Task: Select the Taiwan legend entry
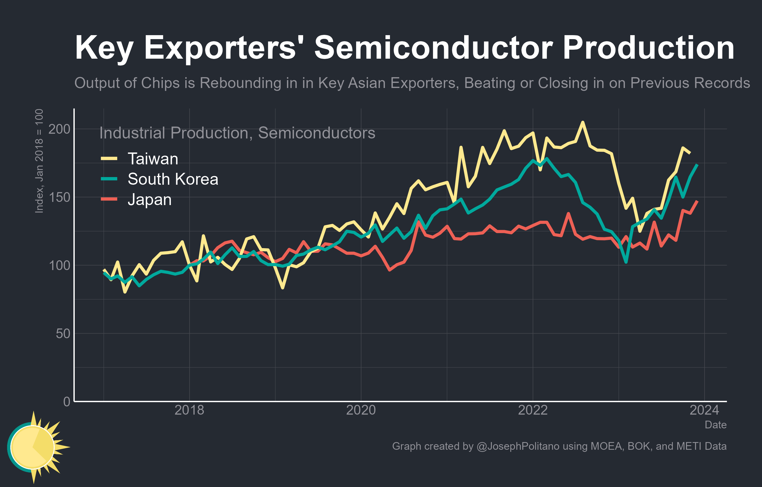click(x=153, y=159)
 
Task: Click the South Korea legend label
click(x=173, y=179)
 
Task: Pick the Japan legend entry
click(x=149, y=200)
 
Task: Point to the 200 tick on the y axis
click(x=59, y=129)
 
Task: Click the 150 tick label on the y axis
click(x=59, y=197)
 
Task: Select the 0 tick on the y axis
click(x=67, y=401)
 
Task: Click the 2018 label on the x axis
click(x=189, y=410)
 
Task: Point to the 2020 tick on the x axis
click(x=361, y=410)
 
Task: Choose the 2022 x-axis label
click(x=533, y=410)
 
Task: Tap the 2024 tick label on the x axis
click(x=704, y=410)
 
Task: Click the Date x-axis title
click(x=715, y=425)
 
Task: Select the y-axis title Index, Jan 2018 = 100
click(x=39, y=161)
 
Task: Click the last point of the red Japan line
click(x=697, y=201)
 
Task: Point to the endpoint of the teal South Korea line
click(x=697, y=165)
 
